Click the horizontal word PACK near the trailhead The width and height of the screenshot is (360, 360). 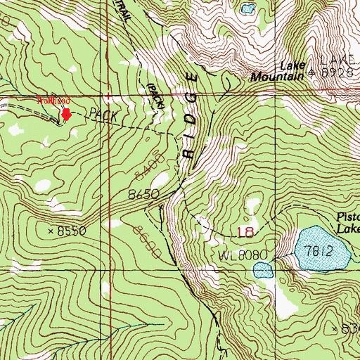pos(101,113)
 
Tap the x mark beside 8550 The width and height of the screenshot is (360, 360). pos(51,231)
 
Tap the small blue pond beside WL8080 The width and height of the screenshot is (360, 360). pos(262,269)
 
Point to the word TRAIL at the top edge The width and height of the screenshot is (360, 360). pos(123,10)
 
